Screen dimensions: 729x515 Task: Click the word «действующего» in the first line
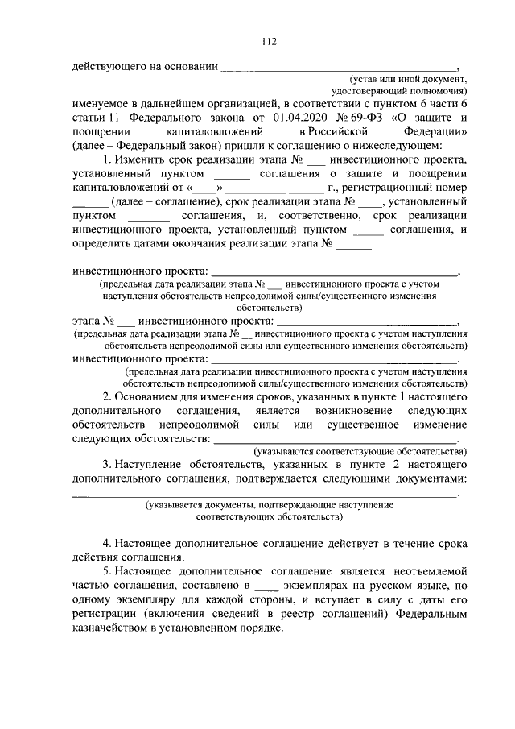[107, 67]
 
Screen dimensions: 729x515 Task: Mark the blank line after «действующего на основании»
[338, 68]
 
